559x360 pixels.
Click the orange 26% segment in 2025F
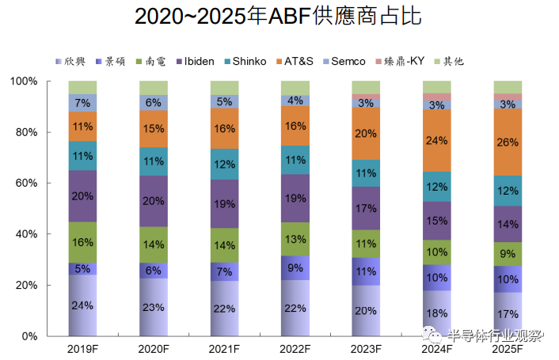pos(507,142)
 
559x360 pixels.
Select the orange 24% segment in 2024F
pos(436,141)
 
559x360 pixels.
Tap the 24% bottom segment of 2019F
pos(82,305)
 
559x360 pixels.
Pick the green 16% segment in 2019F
pos(82,242)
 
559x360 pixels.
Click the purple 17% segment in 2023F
pos(365,209)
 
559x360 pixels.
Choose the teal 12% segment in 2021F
pos(224,164)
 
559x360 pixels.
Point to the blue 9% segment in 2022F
pos(295,268)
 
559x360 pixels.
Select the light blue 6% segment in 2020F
pos(154,102)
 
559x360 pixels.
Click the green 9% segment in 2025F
pos(507,254)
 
